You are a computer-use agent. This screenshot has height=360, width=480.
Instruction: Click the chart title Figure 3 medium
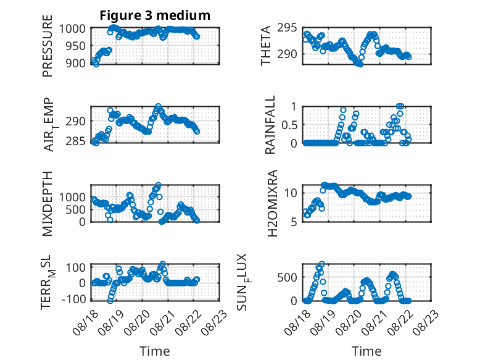coord(155,15)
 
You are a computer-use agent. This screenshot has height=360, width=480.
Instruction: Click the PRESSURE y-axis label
coord(48,46)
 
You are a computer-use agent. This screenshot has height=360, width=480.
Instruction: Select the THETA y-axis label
coord(266,46)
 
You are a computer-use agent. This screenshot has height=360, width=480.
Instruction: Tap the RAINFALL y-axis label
coord(270,125)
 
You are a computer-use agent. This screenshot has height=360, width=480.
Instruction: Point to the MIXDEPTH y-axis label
coord(48,203)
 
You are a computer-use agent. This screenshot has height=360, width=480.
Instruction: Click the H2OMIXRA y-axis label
coord(272,203)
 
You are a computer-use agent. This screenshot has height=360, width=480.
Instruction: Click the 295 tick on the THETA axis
coord(287,28)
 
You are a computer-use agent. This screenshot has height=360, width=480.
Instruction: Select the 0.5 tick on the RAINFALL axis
coord(289,125)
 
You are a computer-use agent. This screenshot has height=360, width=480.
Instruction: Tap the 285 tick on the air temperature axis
coord(75,141)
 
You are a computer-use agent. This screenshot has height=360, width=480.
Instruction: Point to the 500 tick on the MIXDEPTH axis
coord(77,209)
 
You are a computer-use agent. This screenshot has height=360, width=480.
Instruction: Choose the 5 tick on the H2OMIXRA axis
coord(294,222)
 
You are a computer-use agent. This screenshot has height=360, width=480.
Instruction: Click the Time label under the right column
coord(366,351)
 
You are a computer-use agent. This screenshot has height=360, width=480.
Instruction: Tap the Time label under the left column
coord(155,351)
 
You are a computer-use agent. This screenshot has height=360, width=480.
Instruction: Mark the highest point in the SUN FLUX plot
coord(321,264)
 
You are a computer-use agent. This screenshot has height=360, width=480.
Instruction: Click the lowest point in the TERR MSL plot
coord(110,301)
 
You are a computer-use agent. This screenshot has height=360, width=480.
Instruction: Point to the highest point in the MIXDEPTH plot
coord(159,185)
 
